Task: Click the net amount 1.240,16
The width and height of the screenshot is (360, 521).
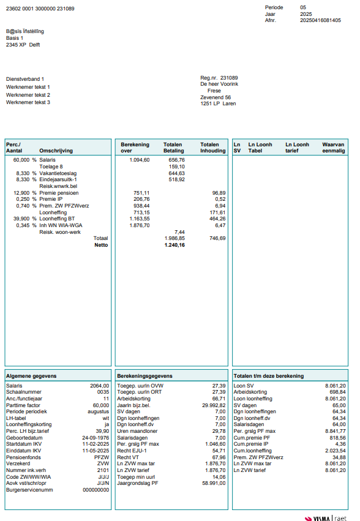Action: click(x=174, y=245)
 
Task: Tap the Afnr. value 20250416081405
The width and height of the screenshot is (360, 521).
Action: click(x=320, y=20)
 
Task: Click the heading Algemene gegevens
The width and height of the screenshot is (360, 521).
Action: click(x=31, y=376)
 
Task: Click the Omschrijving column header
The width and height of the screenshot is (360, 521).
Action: click(x=56, y=151)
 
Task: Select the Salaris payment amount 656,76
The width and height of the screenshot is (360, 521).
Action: click(x=176, y=160)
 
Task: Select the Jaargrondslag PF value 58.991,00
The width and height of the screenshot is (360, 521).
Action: click(x=212, y=484)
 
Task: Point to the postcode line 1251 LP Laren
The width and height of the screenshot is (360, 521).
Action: click(x=218, y=104)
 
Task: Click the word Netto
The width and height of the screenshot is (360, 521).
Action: click(x=101, y=245)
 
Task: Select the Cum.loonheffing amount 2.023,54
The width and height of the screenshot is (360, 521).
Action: click(x=334, y=451)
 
